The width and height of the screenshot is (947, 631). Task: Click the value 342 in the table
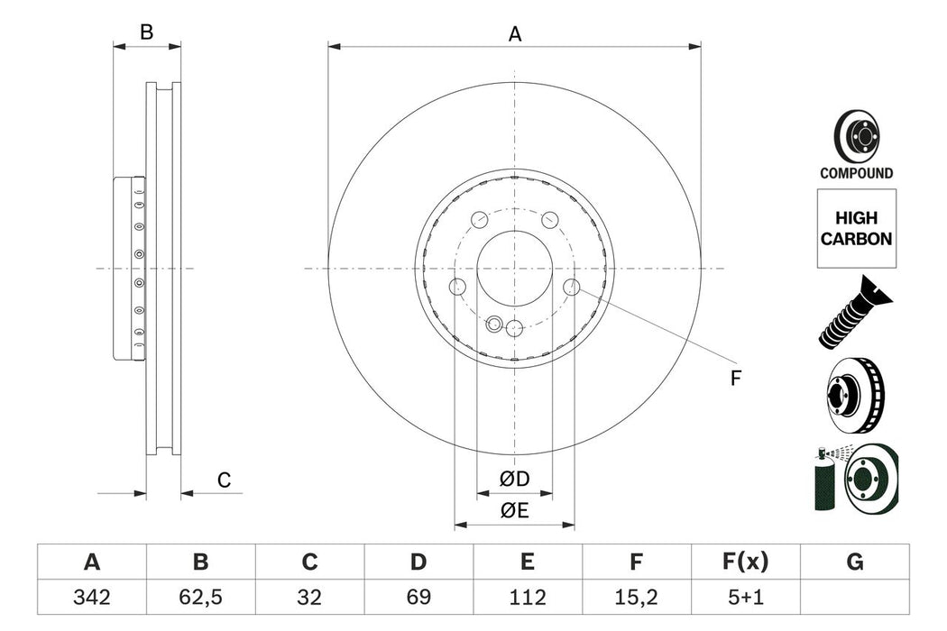pos(91,597)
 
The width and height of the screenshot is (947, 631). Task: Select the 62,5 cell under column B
pos(200,597)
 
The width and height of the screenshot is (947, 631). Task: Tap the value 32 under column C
pos(309,597)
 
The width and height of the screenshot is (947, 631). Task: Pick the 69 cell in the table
pos(418,597)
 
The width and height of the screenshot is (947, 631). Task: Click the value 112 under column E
pos(527,597)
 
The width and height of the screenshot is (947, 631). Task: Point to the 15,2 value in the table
pos(636,597)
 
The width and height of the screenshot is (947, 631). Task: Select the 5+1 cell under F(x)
pos(745,597)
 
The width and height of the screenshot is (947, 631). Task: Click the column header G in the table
pos(854,562)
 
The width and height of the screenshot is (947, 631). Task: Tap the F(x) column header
pos(745,562)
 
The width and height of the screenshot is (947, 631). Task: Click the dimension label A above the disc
pos(515,34)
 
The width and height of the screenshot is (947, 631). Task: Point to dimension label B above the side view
pos(146,33)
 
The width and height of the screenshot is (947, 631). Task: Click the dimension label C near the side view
pos(225,481)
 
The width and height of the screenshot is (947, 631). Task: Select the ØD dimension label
pos(515,478)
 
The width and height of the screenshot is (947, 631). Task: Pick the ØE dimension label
pos(515,510)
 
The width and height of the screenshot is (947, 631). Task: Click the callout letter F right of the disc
pos(735,380)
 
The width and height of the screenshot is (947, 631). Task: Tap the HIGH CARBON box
pos(857,229)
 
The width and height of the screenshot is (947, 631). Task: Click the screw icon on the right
pos(852,313)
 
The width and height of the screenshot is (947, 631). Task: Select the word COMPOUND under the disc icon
pos(856,173)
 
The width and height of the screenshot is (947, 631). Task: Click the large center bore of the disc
pos(514,268)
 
